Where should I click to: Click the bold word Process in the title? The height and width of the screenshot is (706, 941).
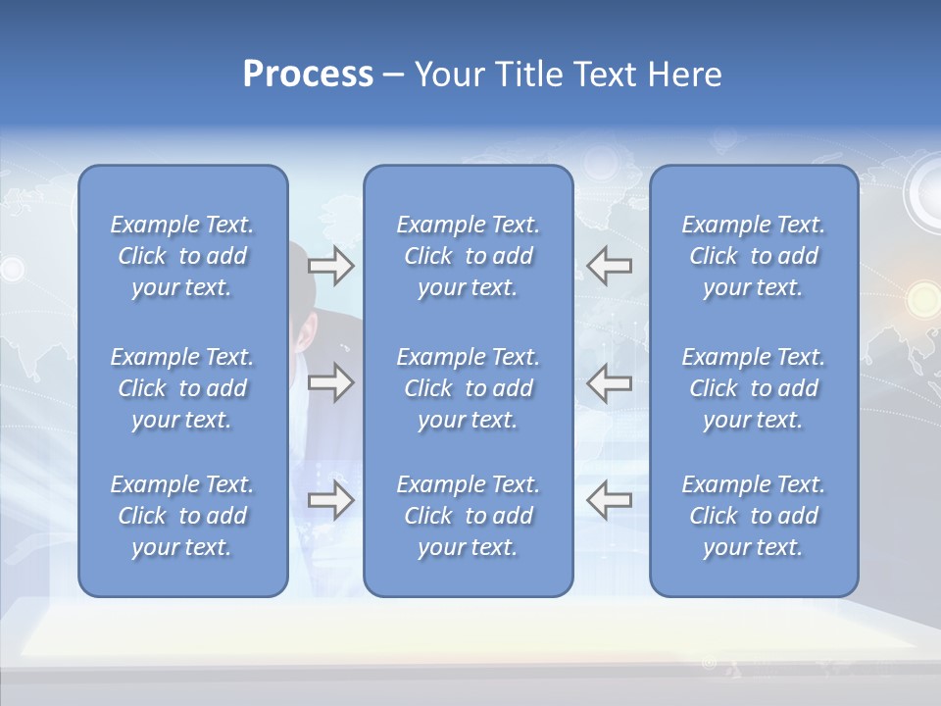pos(308,75)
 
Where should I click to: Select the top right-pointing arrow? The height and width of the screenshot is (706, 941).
pos(330,265)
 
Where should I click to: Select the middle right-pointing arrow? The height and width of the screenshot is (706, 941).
pos(330,382)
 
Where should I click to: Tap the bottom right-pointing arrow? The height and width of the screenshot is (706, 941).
pos(330,500)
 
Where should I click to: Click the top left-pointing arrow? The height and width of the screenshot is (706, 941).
pos(609,265)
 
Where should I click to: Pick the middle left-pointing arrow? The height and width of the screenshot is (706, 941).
pos(609,382)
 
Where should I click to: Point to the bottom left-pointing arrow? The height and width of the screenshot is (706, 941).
pos(609,500)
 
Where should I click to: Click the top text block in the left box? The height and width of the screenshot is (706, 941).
pos(182,256)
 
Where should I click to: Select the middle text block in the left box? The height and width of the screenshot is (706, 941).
pos(182,388)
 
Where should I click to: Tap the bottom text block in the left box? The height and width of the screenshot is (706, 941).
pos(182,516)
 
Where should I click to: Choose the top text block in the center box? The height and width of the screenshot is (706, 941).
pos(468,256)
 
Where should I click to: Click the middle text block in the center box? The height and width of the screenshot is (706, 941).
pos(468,388)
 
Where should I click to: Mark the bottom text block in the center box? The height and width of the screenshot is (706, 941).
pos(468,516)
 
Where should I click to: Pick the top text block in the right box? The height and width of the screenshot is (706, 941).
pos(753,256)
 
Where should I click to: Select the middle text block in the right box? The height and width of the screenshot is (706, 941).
pos(753,388)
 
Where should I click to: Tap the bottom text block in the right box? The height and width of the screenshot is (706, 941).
pos(753,516)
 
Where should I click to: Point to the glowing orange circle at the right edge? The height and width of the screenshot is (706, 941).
pos(922,296)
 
